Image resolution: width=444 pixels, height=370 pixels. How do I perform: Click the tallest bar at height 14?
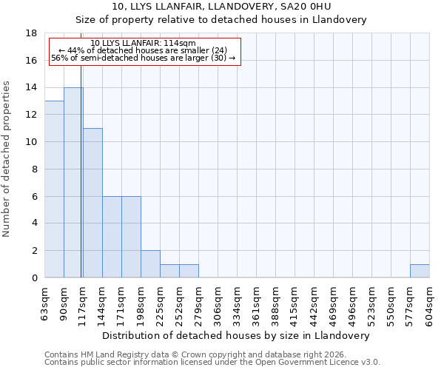point(73,183)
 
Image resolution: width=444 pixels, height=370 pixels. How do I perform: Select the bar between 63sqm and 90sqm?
point(54,189)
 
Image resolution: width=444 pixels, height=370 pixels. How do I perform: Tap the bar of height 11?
point(92,203)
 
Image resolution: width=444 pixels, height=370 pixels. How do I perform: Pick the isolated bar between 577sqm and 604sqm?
point(420,271)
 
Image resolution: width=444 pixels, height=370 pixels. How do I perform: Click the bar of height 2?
point(150,264)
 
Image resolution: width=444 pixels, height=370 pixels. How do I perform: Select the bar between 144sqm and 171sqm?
point(112,237)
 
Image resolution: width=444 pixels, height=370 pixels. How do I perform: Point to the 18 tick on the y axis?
point(32,33)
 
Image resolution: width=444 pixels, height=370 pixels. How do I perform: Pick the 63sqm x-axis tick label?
point(45,301)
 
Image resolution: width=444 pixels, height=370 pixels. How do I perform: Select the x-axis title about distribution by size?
point(235,335)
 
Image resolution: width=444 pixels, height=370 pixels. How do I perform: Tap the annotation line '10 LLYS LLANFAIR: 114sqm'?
point(143,44)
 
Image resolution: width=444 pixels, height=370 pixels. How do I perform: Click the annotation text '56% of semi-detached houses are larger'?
point(143,58)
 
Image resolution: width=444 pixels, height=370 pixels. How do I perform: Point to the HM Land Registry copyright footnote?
point(195,355)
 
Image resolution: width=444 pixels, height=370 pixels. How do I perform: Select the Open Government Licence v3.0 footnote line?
point(212,363)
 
